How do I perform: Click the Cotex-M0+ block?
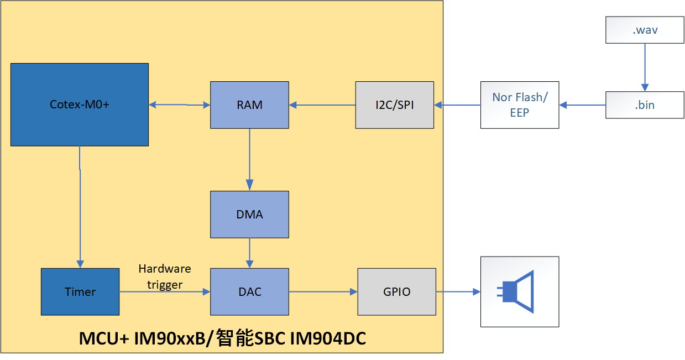tap(80, 105)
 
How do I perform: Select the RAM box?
tap(249, 105)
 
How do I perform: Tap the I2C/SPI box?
tap(395, 105)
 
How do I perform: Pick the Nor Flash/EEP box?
tap(520, 105)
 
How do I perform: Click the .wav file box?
tap(645, 30)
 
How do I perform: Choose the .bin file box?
tap(645, 105)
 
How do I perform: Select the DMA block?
tap(249, 215)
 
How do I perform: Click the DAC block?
tap(249, 292)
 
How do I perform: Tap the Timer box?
tap(80, 292)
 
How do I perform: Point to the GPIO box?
tap(397, 292)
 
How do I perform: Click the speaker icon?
tap(516, 292)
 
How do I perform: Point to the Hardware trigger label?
tap(165, 276)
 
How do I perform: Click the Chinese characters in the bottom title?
tap(235, 338)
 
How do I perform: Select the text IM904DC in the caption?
tap(328, 338)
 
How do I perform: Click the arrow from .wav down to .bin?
tap(645, 67)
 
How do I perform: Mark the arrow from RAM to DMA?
tap(249, 160)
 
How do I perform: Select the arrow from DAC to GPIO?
tap(323, 292)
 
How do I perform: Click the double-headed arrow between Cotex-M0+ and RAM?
tap(180, 105)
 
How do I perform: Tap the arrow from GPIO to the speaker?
tap(458, 292)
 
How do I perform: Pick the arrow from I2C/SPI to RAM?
tap(322, 105)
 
